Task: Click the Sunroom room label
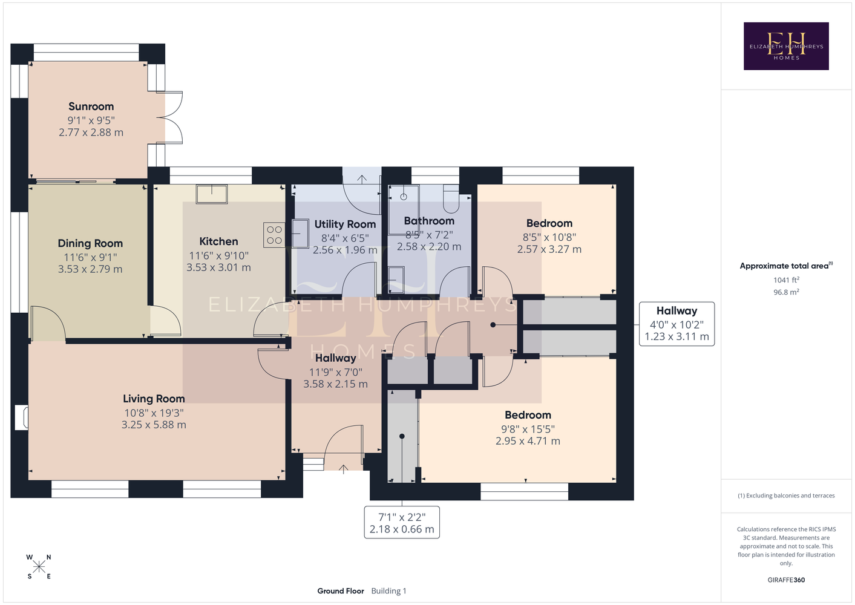point(91,106)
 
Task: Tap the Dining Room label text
point(90,243)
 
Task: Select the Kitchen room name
point(218,241)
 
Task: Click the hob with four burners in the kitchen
point(275,235)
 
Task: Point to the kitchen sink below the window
point(212,194)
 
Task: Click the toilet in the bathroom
point(451,199)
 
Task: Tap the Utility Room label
point(345,224)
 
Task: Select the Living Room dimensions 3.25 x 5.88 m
point(154,425)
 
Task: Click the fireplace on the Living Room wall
point(21,417)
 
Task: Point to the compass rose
point(39,567)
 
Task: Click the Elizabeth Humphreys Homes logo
point(786,46)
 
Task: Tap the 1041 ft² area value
point(786,280)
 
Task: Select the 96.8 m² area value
point(786,292)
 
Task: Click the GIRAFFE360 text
point(786,580)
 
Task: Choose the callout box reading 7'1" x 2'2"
point(402,523)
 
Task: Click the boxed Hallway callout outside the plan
point(676,324)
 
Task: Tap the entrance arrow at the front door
point(344,469)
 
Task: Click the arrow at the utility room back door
point(362,178)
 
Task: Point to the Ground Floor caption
point(341,591)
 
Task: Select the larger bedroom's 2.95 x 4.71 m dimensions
point(528,441)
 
